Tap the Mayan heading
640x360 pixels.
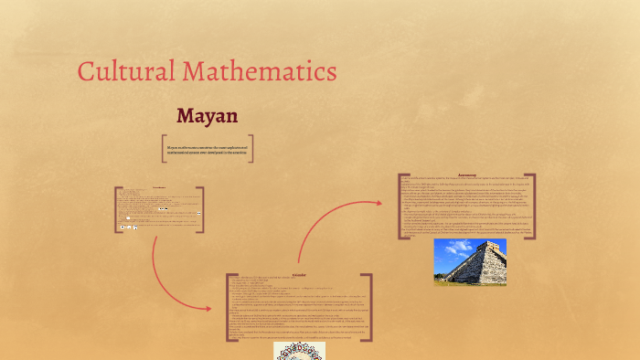coord(208,116)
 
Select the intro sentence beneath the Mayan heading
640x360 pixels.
coord(208,149)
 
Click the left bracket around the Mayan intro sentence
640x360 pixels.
coord(164,149)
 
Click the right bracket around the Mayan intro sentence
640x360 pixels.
coord(251,149)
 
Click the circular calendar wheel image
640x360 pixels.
coord(298,352)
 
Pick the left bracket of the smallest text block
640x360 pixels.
coord(116,210)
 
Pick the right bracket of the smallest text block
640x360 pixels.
coord(201,210)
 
